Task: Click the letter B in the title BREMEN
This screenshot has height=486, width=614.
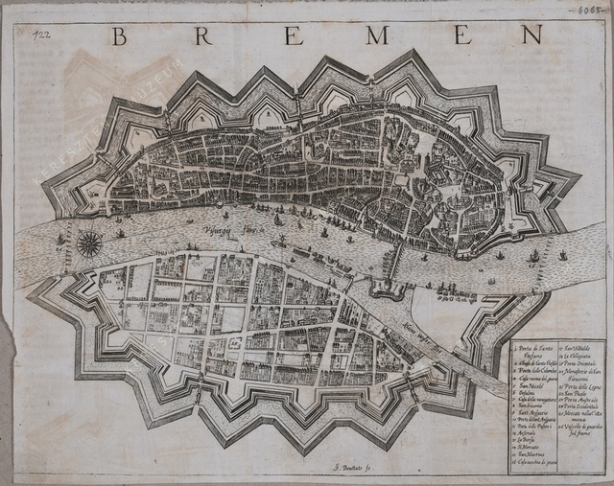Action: (119, 36)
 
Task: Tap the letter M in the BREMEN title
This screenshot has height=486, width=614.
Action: (377, 36)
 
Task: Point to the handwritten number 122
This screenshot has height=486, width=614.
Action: (41, 35)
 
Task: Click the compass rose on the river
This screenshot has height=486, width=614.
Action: (89, 243)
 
